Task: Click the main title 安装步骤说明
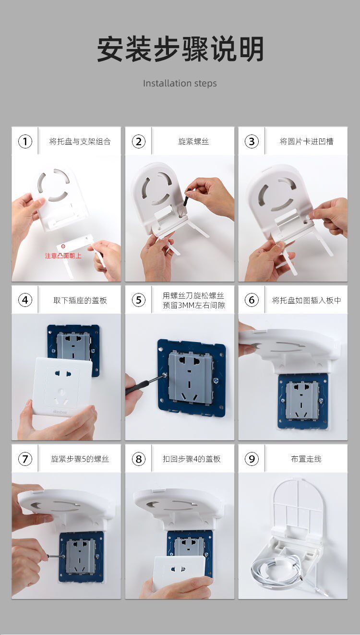click(x=180, y=49)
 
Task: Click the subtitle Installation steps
click(x=180, y=84)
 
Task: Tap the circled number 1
click(x=25, y=141)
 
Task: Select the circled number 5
click(x=139, y=300)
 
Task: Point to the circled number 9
click(x=252, y=459)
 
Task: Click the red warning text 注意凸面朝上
click(x=63, y=256)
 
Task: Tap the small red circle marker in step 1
click(x=63, y=246)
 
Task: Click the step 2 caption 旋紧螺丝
click(x=193, y=141)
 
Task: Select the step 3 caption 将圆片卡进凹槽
click(x=306, y=141)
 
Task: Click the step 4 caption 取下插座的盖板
click(x=80, y=300)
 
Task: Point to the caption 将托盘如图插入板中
click(x=306, y=300)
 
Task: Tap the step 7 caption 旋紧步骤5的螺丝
click(x=80, y=459)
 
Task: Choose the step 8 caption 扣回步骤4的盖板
click(x=192, y=459)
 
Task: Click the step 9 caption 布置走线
click(x=306, y=459)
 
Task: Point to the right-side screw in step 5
click(x=216, y=380)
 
